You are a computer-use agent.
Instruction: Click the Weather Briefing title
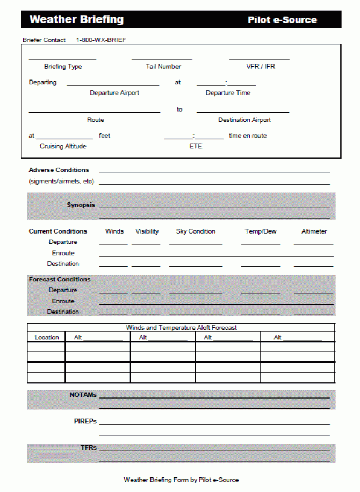[x=76, y=20]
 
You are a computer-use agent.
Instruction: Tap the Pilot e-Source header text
[x=282, y=20]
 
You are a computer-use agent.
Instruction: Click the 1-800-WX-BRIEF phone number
[x=101, y=40]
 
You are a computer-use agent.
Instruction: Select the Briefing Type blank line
[x=62, y=58]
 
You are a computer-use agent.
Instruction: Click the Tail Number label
[x=163, y=67]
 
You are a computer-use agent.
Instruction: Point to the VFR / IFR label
[x=261, y=67]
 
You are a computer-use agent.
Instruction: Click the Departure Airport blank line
[x=113, y=85]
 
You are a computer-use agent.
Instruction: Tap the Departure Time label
[x=228, y=93]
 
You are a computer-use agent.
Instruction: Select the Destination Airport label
[x=244, y=120]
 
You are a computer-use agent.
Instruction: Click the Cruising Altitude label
[x=63, y=146]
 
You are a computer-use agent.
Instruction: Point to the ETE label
[x=196, y=146]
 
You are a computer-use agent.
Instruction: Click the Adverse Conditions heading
[x=59, y=170]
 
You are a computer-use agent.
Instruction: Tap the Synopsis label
[x=81, y=205]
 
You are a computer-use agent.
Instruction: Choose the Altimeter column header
[x=314, y=231]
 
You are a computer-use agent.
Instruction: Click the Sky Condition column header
[x=196, y=231]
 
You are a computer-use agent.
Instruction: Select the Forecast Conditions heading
[x=60, y=279]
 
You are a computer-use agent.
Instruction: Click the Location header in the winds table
[x=47, y=337]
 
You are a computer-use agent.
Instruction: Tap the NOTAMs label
[x=83, y=395]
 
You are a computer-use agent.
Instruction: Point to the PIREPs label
[x=85, y=421]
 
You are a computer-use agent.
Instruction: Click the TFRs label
[x=89, y=447]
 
